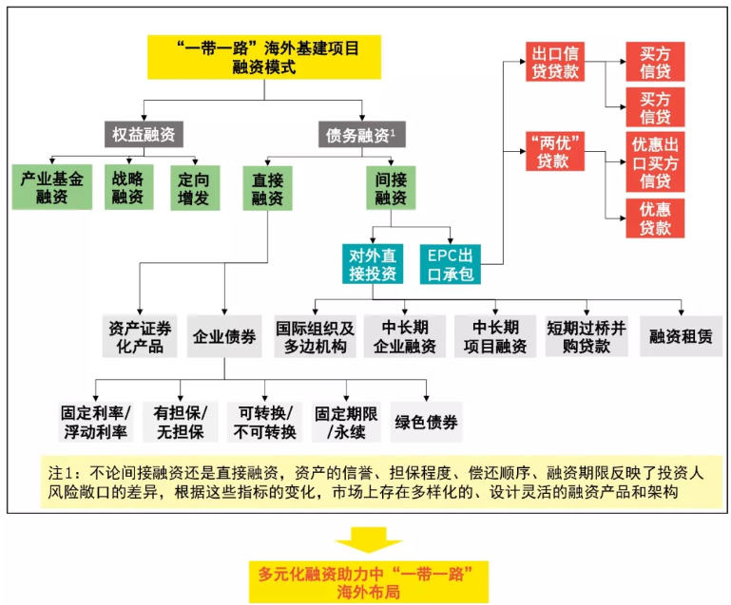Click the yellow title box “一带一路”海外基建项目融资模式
264,57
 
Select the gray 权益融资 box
144,135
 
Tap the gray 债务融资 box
362,135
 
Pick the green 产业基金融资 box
52,187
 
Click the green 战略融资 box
128,187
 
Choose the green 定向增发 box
195,188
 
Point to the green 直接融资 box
268,188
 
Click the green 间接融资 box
391,188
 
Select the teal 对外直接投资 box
373,264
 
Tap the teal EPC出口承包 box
451,264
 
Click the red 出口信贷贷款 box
555,62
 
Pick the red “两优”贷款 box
555,151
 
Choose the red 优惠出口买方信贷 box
655,162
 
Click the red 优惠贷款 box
655,218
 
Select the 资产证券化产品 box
140,336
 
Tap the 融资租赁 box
682,336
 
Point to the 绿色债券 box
426,422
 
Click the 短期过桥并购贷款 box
587,336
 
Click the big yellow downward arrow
368,540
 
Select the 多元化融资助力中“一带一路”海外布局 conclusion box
368,582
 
